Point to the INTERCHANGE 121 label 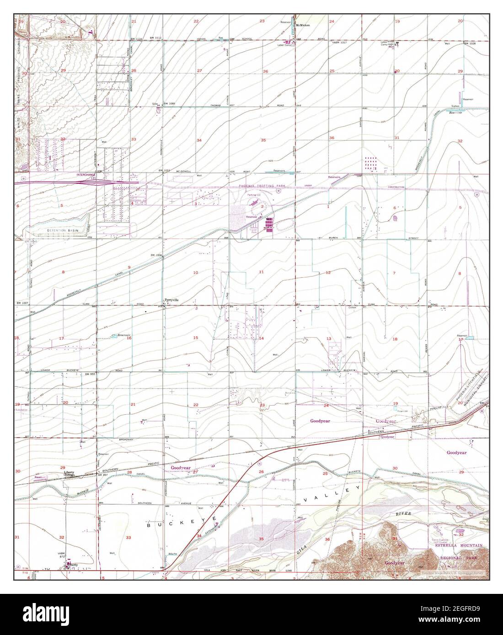point(87,176)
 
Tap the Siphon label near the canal point(455,106)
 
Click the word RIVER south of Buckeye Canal point(404,514)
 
